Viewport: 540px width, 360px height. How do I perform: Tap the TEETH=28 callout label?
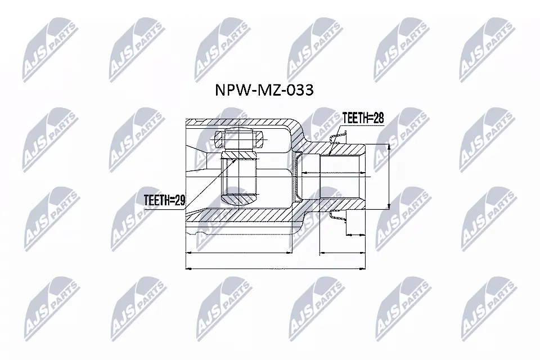click(363, 118)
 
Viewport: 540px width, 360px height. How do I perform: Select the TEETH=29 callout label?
click(164, 199)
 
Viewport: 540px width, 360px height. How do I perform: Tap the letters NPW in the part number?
click(230, 90)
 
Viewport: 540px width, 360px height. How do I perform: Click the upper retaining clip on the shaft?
click(338, 137)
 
